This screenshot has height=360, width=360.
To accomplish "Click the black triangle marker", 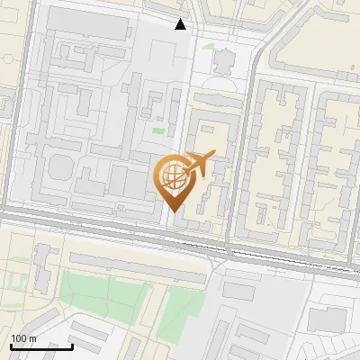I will point(181,24).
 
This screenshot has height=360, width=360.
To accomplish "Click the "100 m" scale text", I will point(22,338).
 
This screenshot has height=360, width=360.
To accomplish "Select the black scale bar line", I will point(41,346).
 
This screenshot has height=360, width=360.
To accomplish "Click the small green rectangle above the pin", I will point(158,131).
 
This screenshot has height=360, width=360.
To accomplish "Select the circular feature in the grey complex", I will point(61,168).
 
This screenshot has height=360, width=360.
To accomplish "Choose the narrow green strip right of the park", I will point(184,306).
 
